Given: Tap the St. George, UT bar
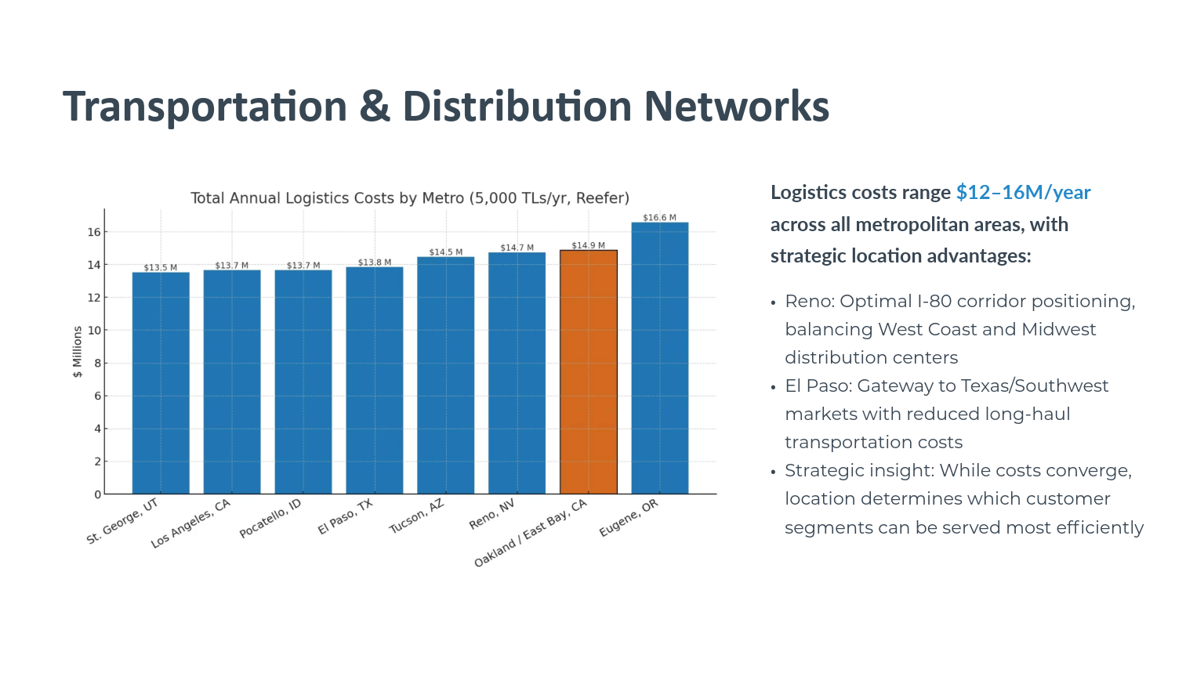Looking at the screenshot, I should (161, 383).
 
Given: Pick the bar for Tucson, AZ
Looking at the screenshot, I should (446, 375).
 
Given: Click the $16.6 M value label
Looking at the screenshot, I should (660, 218).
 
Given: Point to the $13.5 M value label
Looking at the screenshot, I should (161, 268).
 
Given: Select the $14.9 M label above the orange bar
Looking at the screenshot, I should (589, 246).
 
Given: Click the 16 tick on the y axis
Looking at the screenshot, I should (94, 232).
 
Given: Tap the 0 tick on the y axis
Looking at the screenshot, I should (97, 494).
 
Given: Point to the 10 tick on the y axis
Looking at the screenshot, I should (94, 331).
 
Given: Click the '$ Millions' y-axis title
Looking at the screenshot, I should (78, 352).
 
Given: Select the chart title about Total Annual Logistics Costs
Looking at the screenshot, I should (410, 198).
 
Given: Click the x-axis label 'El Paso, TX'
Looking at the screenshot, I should (346, 516).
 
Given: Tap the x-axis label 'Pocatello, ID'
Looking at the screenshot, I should (270, 518).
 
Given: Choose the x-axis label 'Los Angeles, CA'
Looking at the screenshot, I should (191, 523).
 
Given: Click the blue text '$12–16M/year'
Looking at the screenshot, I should (1023, 193).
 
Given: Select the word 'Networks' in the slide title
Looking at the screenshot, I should (737, 107).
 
